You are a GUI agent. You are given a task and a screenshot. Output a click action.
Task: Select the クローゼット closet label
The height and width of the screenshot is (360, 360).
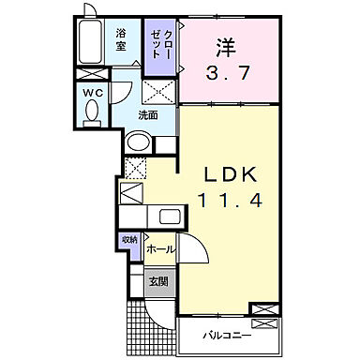pos(157,43)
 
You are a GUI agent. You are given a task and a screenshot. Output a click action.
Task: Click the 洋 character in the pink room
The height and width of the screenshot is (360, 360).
pos(226,48)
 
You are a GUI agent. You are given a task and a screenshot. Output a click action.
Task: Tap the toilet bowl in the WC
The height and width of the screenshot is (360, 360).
pos(91,112)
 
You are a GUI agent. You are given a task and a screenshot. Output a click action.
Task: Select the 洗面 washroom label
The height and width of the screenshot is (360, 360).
pos(148,115)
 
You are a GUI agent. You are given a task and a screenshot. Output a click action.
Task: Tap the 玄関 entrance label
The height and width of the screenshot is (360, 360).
pos(157,281)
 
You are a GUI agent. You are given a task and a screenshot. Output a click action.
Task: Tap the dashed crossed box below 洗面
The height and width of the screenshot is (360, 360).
pos(135,168)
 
